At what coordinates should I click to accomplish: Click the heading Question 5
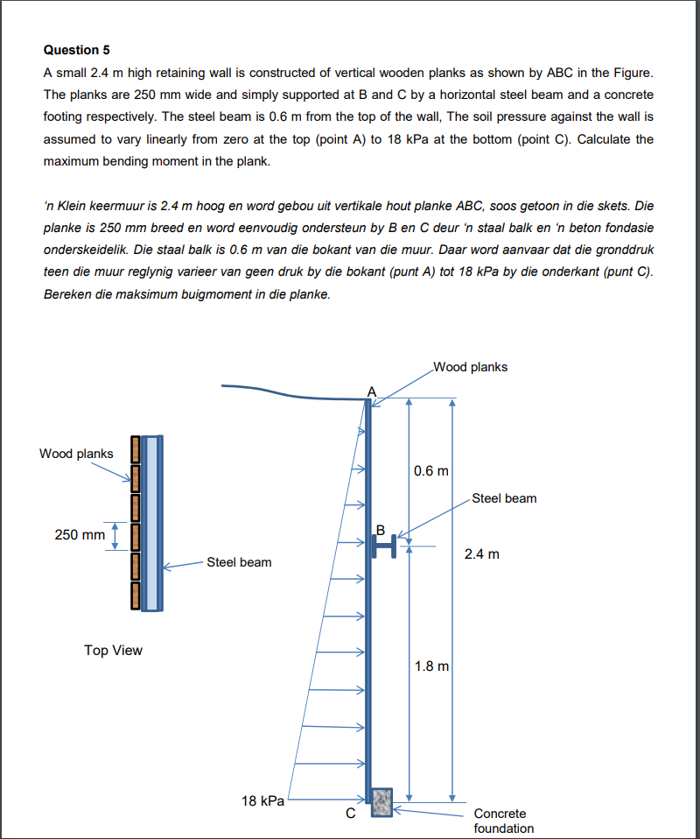click(x=77, y=49)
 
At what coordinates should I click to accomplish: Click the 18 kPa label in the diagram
click(x=262, y=800)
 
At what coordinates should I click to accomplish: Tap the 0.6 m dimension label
click(x=430, y=470)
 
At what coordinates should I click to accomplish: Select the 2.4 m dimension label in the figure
click(x=482, y=554)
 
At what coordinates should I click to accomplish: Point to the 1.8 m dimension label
click(x=430, y=666)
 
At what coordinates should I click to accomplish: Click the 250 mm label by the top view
click(x=80, y=534)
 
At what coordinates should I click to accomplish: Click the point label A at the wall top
click(x=371, y=391)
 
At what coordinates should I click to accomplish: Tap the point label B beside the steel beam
click(x=381, y=529)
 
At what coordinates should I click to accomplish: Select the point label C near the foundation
click(x=350, y=814)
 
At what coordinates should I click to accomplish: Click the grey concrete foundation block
click(x=382, y=802)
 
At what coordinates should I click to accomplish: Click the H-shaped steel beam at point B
click(x=382, y=546)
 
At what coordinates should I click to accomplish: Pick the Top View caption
click(x=113, y=650)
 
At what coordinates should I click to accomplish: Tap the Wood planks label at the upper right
click(x=470, y=367)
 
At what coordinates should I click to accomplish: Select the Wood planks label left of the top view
click(x=76, y=454)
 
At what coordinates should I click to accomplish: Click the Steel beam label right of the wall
click(x=504, y=498)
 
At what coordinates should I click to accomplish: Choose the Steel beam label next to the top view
click(x=239, y=562)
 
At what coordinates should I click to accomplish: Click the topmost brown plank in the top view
click(x=136, y=449)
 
